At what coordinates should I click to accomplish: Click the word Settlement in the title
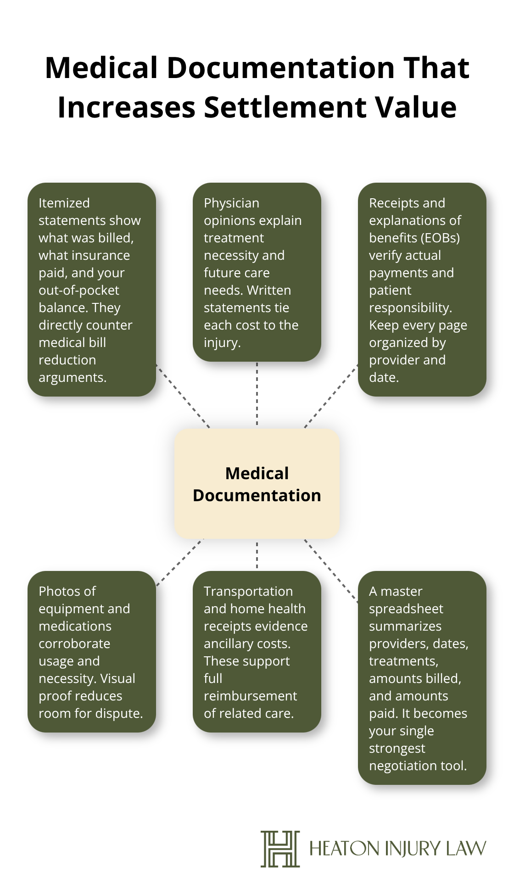click(x=285, y=107)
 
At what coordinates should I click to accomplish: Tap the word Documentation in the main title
click(x=280, y=68)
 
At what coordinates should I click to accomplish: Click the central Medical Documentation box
click(x=257, y=484)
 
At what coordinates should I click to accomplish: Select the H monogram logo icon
click(x=280, y=849)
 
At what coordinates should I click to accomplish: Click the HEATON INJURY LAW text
click(x=397, y=849)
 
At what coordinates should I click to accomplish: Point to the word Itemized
click(x=64, y=203)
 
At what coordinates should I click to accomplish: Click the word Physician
click(x=231, y=203)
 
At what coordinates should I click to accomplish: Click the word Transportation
click(x=248, y=591)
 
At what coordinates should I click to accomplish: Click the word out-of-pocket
click(x=78, y=290)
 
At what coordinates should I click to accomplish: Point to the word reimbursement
click(x=250, y=696)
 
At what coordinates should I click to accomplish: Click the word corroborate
click(x=74, y=643)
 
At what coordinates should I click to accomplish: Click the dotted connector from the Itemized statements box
click(x=183, y=397)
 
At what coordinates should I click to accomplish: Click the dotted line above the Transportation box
click(x=257, y=555)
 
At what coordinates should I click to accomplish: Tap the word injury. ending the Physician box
click(x=222, y=342)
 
